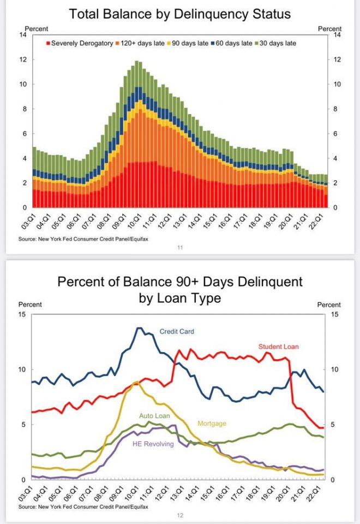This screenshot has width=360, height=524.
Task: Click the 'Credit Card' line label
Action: click(177, 331)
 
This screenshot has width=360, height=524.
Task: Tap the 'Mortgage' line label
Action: click(212, 423)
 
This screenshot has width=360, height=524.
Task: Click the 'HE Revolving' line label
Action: click(153, 444)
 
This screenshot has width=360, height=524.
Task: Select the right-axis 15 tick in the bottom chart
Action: click(335, 314)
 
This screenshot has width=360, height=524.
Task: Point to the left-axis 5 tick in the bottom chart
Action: click(23, 425)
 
